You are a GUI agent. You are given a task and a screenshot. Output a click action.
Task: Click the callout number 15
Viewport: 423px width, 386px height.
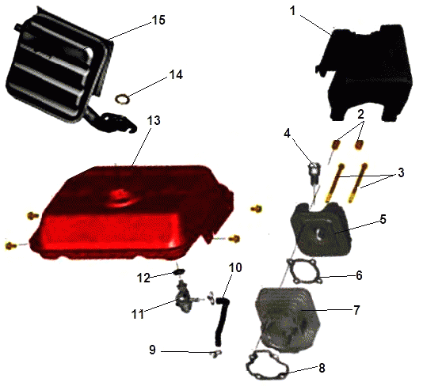tap(158, 21)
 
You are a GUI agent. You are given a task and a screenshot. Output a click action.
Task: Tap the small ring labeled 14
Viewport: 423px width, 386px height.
tap(122, 99)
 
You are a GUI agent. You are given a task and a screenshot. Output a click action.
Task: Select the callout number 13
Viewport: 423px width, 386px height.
tap(154, 120)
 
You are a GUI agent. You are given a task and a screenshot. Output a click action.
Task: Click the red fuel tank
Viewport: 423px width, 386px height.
tap(132, 212)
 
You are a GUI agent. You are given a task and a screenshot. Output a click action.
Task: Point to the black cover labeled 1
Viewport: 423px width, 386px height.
tap(365, 72)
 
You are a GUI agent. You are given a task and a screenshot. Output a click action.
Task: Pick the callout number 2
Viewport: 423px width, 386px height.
tap(360, 114)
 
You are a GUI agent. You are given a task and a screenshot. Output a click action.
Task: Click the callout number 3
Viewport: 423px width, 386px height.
tap(401, 172)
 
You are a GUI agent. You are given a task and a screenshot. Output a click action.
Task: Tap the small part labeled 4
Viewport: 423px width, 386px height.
tap(314, 173)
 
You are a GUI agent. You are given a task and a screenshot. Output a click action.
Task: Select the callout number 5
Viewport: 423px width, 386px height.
tap(383, 220)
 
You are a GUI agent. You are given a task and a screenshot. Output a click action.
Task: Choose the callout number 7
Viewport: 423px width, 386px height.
tap(356, 310)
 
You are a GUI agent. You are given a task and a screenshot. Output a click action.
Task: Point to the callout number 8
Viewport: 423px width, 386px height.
tap(322, 368)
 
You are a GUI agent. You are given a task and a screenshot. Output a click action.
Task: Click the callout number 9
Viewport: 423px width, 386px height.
tap(152, 350)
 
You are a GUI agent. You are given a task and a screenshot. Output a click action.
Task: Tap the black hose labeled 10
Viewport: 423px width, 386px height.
tap(222, 320)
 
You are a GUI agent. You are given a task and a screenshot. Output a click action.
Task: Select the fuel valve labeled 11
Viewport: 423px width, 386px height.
tap(185, 298)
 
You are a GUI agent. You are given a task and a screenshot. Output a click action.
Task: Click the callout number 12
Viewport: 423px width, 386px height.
tap(143, 278)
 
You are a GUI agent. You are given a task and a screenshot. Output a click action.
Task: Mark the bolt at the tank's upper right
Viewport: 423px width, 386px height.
tap(257, 209)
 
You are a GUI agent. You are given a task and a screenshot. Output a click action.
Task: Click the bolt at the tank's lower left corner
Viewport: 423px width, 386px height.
tap(11, 245)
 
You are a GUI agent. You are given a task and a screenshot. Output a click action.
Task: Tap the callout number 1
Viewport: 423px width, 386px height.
tap(293, 11)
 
